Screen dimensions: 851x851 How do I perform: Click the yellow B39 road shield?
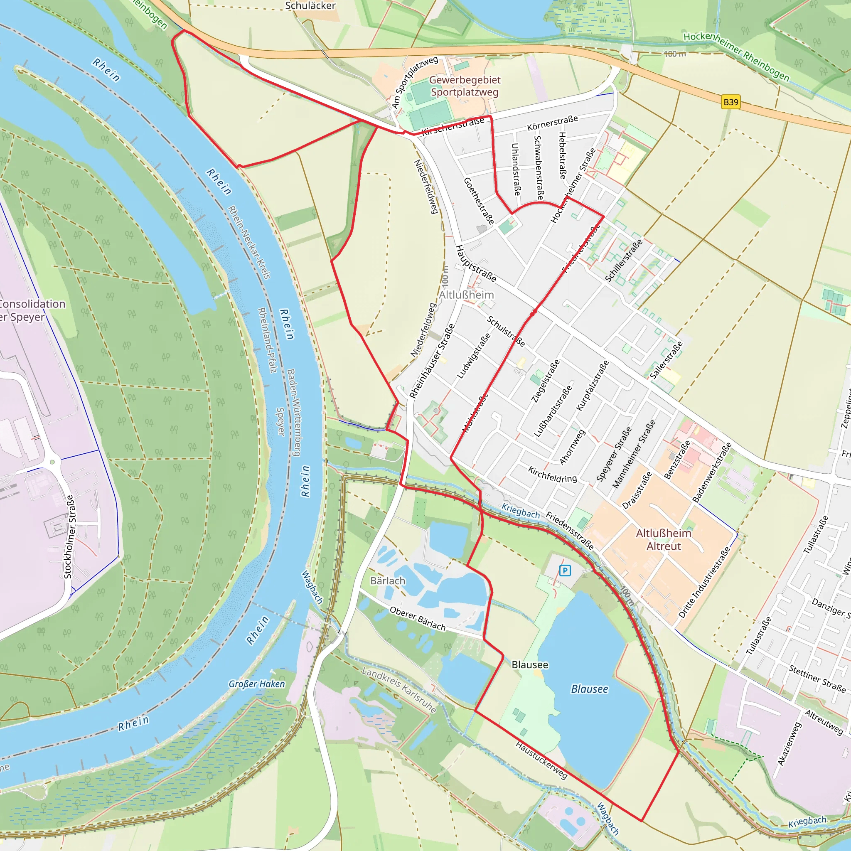pos(730,102)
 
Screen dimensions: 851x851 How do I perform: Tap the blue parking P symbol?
pos(565,571)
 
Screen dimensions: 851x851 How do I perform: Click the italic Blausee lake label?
pos(589,689)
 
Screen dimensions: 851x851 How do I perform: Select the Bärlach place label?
pos(388,581)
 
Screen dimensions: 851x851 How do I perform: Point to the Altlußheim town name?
pos(467,295)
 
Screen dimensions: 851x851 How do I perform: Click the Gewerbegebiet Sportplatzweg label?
pos(465,86)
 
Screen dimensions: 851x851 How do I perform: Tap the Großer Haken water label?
pos(256,684)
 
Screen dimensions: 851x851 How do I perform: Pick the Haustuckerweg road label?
pos(541,760)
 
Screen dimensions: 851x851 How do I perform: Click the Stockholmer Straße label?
pos(69,536)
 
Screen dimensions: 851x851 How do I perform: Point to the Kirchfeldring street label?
pos(552,475)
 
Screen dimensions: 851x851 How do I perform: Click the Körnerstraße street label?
pos(552,123)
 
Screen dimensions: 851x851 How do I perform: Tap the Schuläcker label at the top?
pos(310,6)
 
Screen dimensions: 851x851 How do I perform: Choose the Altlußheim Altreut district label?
pos(663,540)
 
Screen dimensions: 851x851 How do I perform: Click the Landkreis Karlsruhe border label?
pos(399,690)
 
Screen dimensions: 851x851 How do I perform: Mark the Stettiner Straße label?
pos(817,679)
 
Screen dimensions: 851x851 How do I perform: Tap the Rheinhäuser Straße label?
pos(432,361)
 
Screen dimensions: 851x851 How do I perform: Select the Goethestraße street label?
pos(479,201)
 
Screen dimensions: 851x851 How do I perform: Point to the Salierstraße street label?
pos(667,360)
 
